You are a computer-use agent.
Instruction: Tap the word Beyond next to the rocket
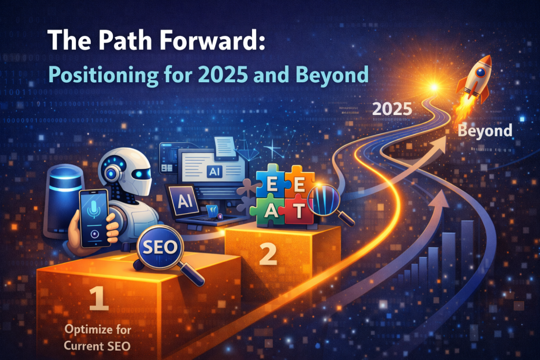click(485, 131)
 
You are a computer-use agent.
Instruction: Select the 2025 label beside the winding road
click(392, 110)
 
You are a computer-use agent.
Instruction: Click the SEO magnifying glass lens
click(160, 247)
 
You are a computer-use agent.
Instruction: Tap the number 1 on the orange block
click(99, 298)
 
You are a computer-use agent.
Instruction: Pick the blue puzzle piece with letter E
click(271, 183)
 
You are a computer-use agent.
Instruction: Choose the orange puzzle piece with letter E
click(299, 183)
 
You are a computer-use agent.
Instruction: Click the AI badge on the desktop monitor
click(215, 171)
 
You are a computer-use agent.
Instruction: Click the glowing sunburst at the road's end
click(434, 87)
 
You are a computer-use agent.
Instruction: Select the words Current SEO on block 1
click(97, 346)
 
